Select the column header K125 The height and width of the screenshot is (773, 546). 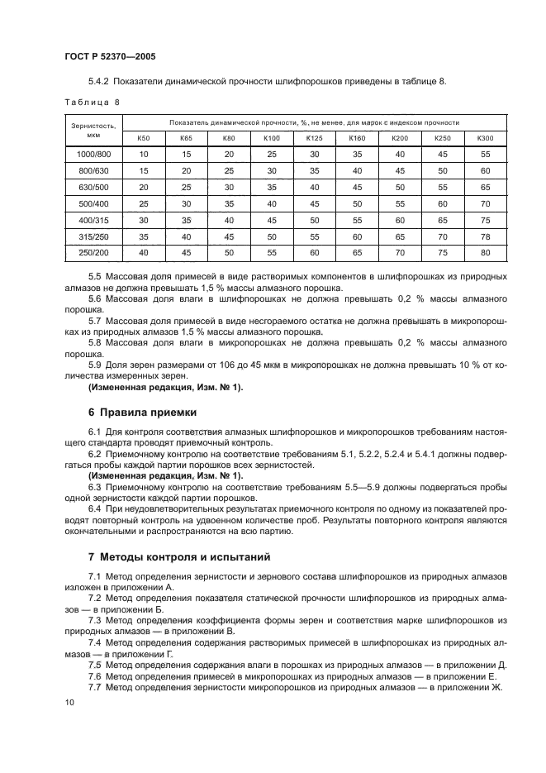point(314,137)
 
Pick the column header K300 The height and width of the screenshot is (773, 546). point(485,137)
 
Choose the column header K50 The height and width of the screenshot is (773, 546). point(143,137)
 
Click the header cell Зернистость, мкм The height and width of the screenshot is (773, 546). point(93,130)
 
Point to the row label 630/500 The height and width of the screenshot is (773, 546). point(93,187)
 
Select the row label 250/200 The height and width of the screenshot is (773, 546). point(93,253)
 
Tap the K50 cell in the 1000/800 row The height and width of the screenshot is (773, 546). point(143,154)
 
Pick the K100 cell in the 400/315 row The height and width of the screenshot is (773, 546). point(271,220)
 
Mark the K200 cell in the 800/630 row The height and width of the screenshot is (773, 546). point(400,170)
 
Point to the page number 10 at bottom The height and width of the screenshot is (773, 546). point(69,702)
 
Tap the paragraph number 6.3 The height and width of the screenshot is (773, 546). point(96,487)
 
